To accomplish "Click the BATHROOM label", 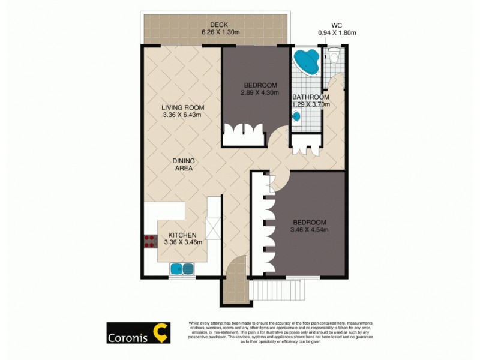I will (310, 97).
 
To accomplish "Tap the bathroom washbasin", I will (297, 117).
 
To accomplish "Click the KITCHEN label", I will (182, 235).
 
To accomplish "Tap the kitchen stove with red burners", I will (149, 241).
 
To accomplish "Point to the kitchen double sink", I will (182, 269).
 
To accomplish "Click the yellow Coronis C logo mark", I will (161, 333).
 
